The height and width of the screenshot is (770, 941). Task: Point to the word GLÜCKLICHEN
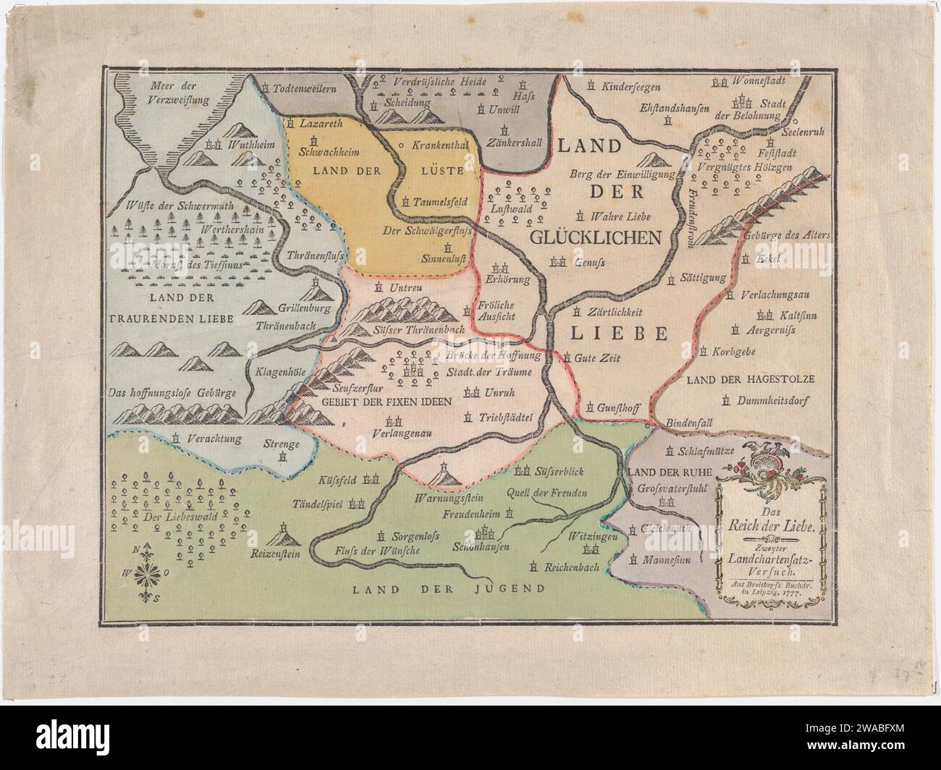(x=596, y=237)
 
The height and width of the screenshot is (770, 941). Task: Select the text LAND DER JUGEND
(x=449, y=588)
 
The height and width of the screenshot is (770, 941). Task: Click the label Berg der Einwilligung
(x=623, y=174)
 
